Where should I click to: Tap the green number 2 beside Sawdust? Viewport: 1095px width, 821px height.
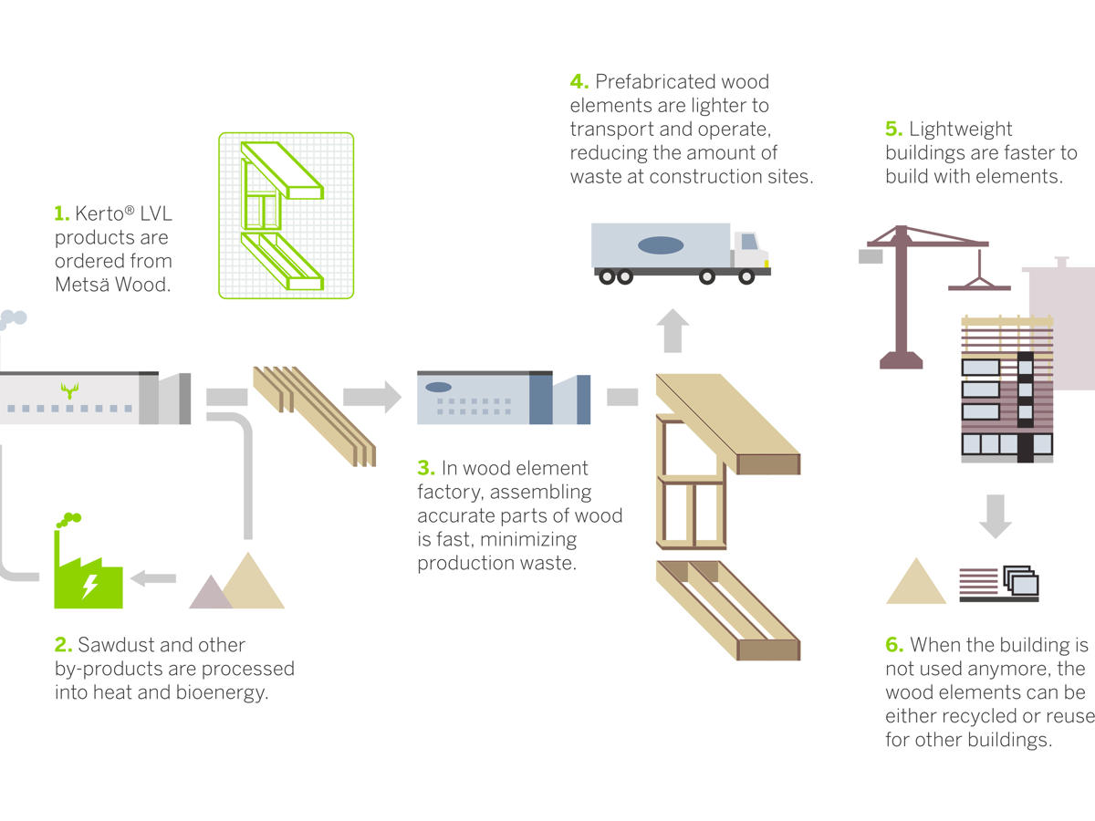pos(63,646)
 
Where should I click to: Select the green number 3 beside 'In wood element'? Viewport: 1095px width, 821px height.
pos(426,469)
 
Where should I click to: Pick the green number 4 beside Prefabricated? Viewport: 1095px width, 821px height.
pos(579,82)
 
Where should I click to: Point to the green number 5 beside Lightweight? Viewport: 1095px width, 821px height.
pos(893,130)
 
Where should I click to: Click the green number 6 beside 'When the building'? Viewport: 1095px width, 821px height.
pos(894,646)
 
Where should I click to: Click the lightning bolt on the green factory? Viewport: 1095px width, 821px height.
pos(89,585)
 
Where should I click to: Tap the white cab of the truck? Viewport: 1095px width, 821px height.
pos(749,247)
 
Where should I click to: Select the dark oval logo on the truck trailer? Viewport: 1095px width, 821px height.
pos(661,244)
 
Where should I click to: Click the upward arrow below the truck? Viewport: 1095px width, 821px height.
pos(673,330)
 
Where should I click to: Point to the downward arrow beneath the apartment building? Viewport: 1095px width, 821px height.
pos(996,516)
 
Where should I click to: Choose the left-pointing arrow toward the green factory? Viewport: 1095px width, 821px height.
pos(154,577)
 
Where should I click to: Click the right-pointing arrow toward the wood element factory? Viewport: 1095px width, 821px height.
pos(371,397)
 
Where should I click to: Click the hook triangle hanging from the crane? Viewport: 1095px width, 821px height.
pos(979,279)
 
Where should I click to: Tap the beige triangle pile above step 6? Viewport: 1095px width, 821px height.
pos(915,584)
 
